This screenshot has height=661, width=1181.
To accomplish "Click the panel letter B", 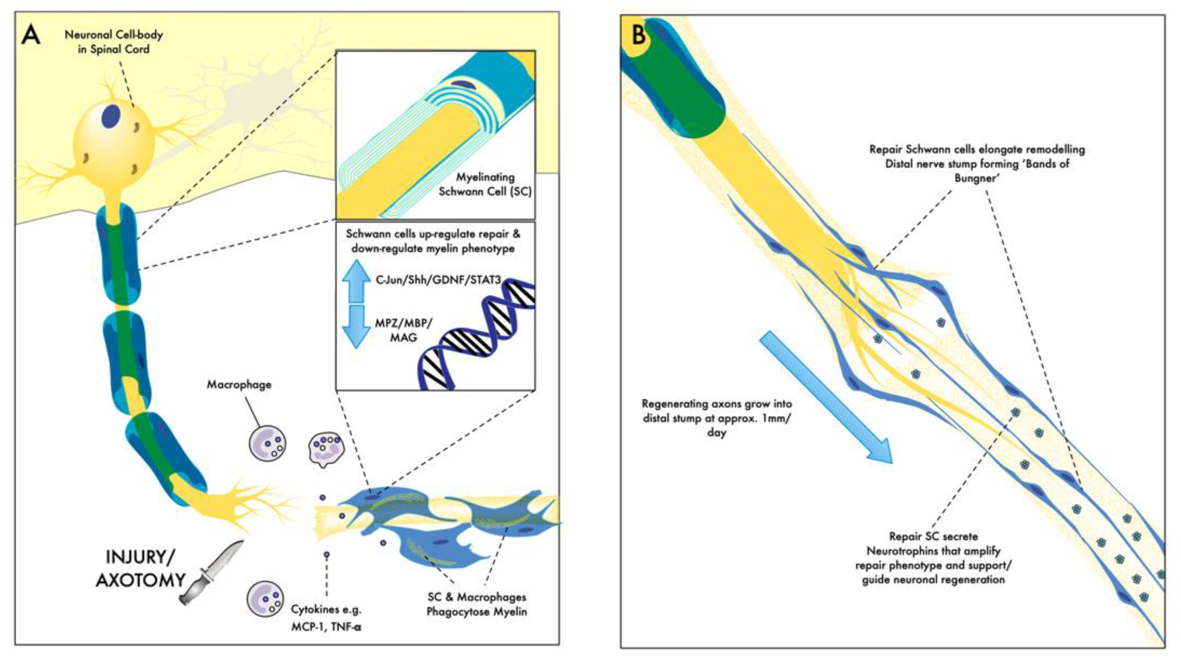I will pos(639,35).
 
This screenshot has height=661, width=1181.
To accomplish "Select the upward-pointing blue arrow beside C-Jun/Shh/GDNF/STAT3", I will pos(356,281).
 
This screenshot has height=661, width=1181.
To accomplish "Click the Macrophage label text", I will pos(239,384).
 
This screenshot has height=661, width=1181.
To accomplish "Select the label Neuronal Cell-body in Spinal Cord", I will pos(114,42).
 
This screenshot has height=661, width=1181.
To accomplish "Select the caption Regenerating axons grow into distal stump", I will pos(717,411).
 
